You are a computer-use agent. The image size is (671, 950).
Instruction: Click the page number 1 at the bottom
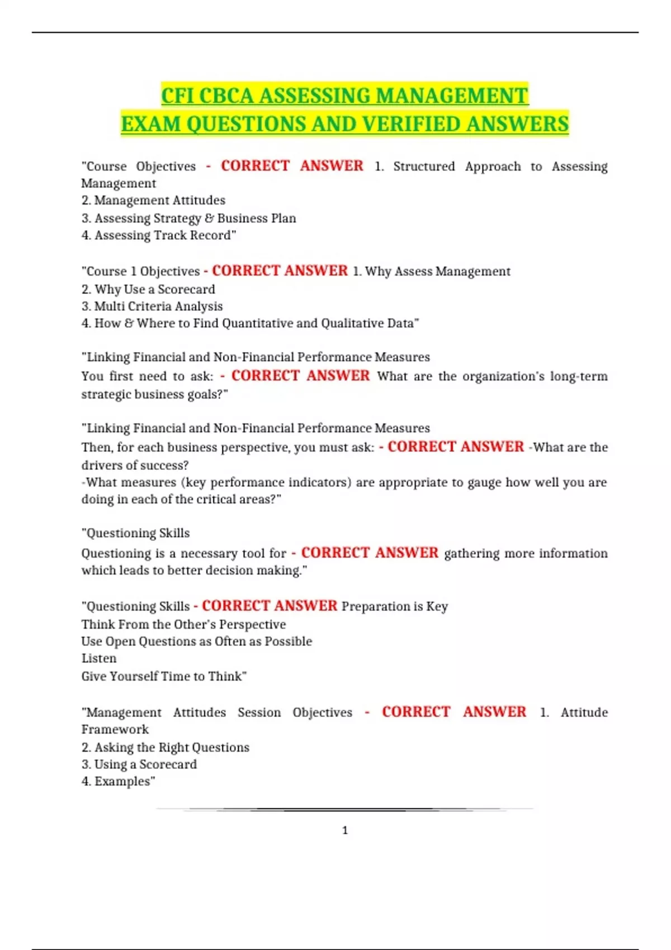coord(344,830)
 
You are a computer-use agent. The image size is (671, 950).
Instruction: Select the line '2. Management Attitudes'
coord(153,200)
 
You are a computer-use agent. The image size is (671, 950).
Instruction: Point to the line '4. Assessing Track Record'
coord(158,235)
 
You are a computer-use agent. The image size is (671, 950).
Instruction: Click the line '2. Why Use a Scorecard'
coord(148,289)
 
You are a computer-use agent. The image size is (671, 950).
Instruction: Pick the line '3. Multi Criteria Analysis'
coord(152,306)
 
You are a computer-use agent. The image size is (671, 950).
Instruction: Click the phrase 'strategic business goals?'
coord(154,394)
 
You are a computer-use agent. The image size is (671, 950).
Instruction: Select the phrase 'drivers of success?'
coord(135,465)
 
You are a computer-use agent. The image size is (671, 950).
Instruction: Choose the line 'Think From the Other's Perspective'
coord(183,624)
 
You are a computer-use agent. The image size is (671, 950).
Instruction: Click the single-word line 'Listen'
coord(99,658)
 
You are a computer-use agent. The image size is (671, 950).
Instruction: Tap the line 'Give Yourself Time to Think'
coord(164,676)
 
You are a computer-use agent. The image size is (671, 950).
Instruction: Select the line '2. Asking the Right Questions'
coord(166,747)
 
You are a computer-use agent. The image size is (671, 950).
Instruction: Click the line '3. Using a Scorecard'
coord(139,764)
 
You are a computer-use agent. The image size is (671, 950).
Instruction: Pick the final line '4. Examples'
coord(118,781)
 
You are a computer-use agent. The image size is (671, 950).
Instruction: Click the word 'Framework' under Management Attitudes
coord(115,729)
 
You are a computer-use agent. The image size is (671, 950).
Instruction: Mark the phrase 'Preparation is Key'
coord(395,606)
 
